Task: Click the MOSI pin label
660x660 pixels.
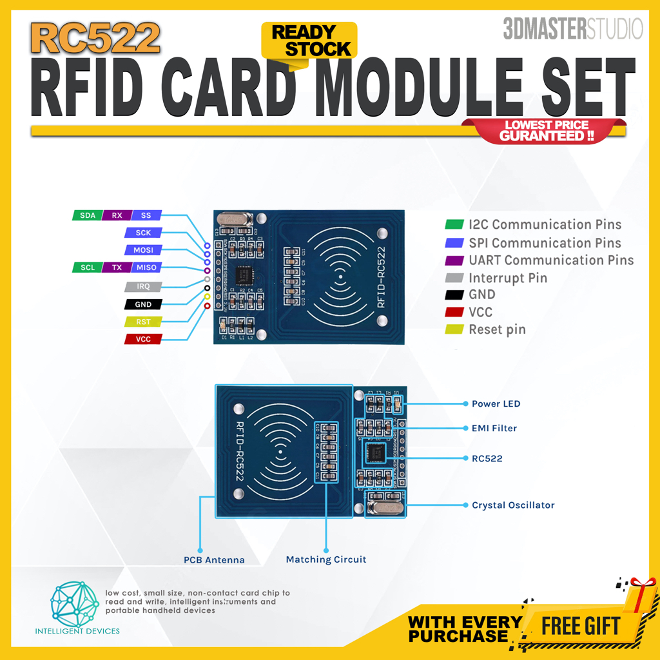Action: (143, 250)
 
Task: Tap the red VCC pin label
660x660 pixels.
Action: (143, 339)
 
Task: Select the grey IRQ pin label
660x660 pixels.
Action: (143, 286)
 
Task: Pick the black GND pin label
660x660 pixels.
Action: (143, 304)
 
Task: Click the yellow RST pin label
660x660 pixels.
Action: (143, 322)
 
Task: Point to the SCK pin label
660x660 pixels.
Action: (143, 233)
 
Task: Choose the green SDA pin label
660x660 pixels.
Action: (88, 215)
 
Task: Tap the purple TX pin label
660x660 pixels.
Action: (117, 267)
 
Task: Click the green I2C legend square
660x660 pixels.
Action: (454, 225)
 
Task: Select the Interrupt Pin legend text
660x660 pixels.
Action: (508, 278)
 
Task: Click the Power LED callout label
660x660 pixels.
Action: (496, 404)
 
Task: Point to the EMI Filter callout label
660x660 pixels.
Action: (494, 428)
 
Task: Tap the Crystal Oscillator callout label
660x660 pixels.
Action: (513, 505)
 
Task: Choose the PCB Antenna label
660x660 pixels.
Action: (214, 560)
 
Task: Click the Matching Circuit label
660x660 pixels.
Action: (326, 559)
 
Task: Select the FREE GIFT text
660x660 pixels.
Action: (580, 626)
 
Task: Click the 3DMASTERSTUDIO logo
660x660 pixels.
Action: (573, 29)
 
